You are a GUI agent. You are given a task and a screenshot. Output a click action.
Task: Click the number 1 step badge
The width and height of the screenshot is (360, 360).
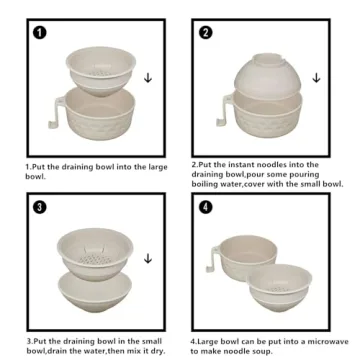pos(40,33)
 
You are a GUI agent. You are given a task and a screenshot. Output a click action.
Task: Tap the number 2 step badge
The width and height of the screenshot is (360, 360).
pos(206,33)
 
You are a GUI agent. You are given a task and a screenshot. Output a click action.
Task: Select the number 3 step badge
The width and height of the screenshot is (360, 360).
pos(40,207)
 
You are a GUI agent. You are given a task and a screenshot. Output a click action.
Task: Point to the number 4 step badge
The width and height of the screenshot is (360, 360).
pos(206,207)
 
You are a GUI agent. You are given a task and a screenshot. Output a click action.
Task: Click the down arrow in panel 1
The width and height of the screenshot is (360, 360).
pos(148,78)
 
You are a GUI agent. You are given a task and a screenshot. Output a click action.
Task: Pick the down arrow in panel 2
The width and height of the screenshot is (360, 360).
pos(316,78)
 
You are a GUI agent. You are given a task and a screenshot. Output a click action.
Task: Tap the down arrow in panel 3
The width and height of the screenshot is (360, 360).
pos(148,258)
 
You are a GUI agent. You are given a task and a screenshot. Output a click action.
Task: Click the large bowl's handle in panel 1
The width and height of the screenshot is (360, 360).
pos(57,112)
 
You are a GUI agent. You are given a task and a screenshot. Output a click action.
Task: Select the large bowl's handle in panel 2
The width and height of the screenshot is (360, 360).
pos(225,111)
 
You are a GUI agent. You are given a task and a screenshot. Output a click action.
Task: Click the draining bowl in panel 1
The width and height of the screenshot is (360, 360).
pos(101,71)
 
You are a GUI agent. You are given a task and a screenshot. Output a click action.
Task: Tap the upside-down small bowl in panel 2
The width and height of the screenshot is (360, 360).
pos(268,76)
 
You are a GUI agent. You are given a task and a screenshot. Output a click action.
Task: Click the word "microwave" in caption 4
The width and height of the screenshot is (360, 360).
pos(328,341)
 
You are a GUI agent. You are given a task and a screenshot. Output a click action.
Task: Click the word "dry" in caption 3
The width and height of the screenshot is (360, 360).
pos(158,351)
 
